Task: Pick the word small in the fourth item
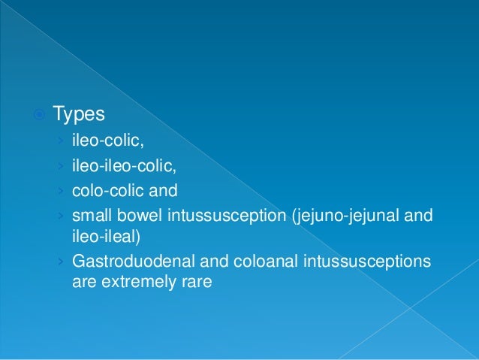click(89, 216)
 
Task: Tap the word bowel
click(132, 216)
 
